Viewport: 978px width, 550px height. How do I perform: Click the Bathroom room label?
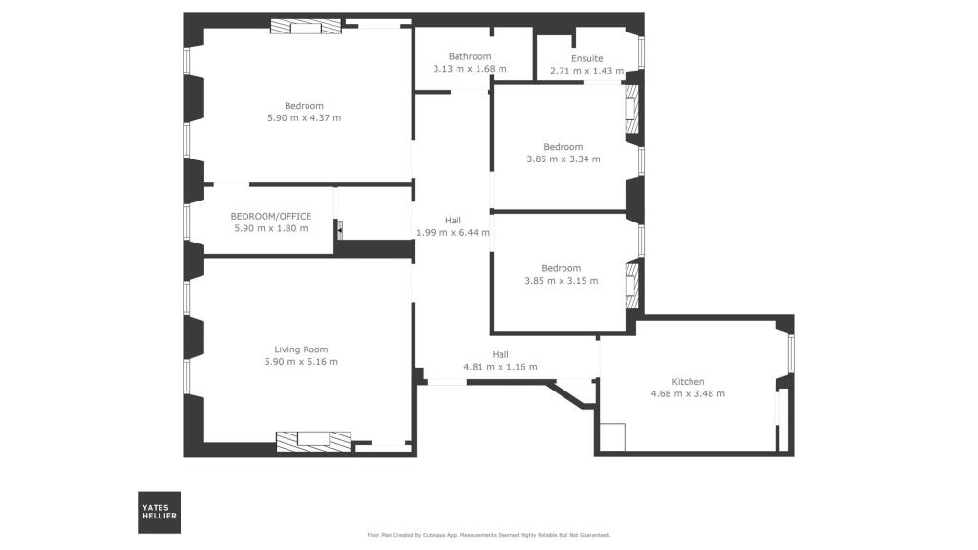[470, 56]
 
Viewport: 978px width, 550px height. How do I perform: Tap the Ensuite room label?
[586, 58]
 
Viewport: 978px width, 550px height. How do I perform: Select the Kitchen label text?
[688, 382]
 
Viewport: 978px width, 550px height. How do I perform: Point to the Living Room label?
[301, 349]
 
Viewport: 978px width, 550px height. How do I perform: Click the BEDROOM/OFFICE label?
[270, 216]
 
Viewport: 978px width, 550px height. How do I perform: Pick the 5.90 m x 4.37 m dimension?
[304, 118]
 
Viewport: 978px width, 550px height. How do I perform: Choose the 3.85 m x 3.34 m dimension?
[563, 159]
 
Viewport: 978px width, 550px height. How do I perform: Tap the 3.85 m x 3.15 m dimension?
[561, 281]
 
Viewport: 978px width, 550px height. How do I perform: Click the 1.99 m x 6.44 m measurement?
[453, 233]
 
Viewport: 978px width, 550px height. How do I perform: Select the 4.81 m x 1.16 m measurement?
[500, 367]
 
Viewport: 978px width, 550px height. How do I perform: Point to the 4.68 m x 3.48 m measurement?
[688, 394]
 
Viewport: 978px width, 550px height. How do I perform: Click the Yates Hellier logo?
[159, 512]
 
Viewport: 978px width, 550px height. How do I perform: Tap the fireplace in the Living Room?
[313, 440]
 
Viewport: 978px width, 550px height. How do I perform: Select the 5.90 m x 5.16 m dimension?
[301, 362]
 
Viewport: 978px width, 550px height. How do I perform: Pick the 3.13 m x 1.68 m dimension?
[470, 69]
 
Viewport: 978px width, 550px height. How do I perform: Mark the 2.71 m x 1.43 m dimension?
[586, 71]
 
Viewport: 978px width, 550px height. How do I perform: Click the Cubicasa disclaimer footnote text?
[488, 535]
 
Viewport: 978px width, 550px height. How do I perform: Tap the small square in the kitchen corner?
[612, 437]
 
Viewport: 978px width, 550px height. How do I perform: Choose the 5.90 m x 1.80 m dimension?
[270, 228]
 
